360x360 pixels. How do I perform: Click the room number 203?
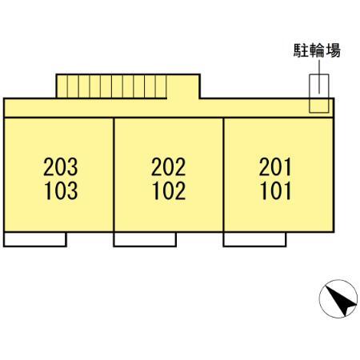pos(61,167)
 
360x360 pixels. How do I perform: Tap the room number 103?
pos(61,190)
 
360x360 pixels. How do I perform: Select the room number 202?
pos(169,167)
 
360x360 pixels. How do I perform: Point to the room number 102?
pos(169,190)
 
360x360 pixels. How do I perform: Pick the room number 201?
pos(275,167)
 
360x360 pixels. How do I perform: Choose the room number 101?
pos(276,190)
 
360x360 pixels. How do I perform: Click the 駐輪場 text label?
pos(317,50)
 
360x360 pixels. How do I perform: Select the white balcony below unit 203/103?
pos(35,239)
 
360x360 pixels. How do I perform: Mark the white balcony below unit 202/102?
pos(145,239)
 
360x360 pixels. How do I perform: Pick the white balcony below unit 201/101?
pos(254,239)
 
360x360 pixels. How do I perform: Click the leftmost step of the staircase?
pos(62,86)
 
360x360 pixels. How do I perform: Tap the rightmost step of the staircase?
pos(161,86)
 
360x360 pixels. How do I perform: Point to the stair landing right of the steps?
pos(183,86)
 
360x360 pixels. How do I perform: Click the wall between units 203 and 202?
pos(114,175)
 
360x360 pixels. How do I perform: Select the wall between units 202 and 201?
pos(223,175)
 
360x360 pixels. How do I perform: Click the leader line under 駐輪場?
pos(319,77)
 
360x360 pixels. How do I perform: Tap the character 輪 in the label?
pos(317,50)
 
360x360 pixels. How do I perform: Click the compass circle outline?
pos(338,280)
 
